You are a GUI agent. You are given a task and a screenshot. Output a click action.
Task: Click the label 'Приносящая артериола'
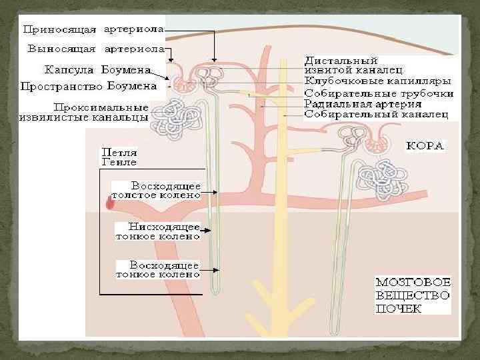[x=93, y=29]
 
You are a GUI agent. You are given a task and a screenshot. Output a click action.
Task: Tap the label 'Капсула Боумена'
[x=97, y=69]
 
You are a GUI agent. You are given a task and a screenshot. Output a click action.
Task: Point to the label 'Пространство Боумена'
[x=89, y=86]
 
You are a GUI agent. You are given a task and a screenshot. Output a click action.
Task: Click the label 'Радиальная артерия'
[x=362, y=104]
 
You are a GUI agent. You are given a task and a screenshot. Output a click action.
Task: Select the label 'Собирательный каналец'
[x=377, y=114]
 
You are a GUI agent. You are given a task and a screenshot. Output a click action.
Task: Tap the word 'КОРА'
[x=426, y=145]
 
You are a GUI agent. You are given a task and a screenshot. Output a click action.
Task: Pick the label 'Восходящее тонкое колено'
[x=158, y=269]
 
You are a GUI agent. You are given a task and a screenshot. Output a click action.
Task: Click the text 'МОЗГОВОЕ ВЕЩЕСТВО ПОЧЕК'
[x=413, y=295]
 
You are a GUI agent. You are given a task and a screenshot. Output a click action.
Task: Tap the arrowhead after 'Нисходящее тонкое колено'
[x=209, y=231]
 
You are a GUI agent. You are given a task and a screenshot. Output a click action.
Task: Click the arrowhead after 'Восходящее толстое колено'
[x=214, y=192]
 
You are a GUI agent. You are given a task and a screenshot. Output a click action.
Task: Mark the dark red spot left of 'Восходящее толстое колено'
[x=110, y=202]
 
